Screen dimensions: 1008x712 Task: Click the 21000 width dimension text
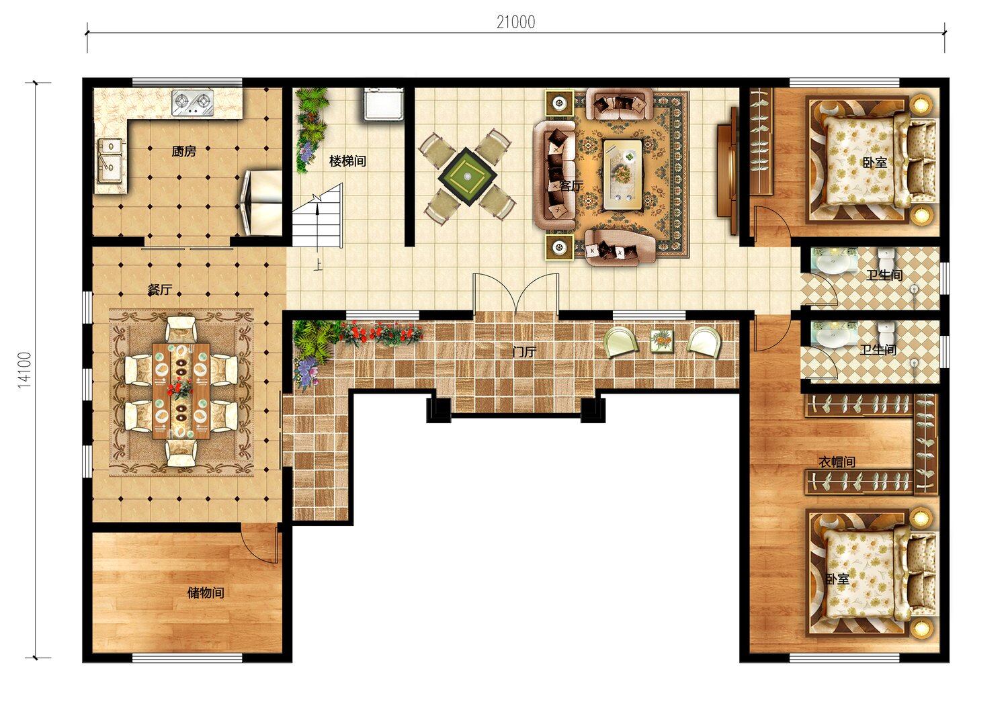[x=515, y=22]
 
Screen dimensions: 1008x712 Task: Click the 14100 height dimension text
[x=25, y=369]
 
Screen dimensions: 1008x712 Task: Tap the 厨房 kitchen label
[x=183, y=152]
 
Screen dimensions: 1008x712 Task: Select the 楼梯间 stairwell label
[x=347, y=161]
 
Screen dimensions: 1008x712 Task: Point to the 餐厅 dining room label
[x=160, y=290]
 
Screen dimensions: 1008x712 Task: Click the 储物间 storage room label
[x=206, y=593]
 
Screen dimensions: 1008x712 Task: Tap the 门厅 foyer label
[x=525, y=352]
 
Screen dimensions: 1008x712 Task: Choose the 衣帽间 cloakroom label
[x=837, y=462]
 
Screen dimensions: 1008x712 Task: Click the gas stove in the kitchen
[x=193, y=103]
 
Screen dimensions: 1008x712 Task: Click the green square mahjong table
[x=468, y=177]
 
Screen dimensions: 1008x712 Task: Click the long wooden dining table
[x=181, y=391]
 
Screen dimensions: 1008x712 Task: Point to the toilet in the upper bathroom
[x=886, y=260]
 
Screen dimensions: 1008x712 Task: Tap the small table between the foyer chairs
[x=662, y=341]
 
